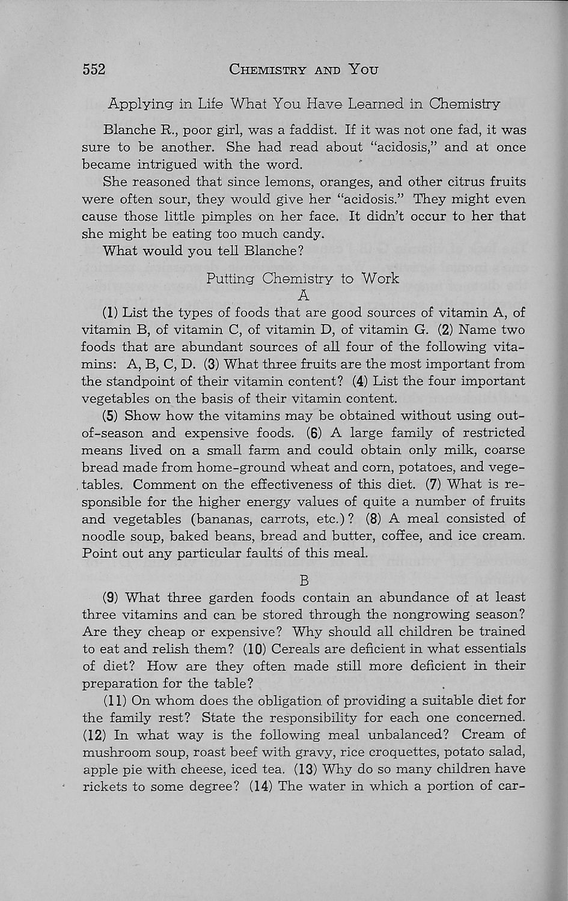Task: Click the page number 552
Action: (x=94, y=70)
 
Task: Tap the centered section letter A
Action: (x=304, y=295)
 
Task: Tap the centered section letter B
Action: (x=304, y=581)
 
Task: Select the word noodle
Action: (x=102, y=536)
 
